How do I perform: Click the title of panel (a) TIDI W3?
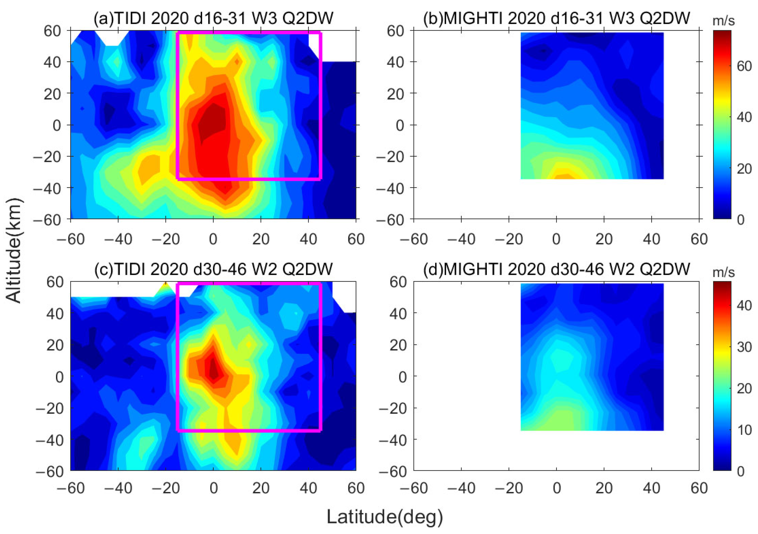213,18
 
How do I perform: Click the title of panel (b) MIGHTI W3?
557,18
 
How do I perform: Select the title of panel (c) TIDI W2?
213,269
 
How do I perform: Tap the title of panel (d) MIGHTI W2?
557,269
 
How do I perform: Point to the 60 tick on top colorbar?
744,66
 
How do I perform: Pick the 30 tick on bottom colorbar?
744,347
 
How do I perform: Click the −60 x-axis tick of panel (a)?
71,239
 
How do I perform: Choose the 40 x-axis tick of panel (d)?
651,488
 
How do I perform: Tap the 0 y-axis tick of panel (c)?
59,376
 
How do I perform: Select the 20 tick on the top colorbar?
744,169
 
